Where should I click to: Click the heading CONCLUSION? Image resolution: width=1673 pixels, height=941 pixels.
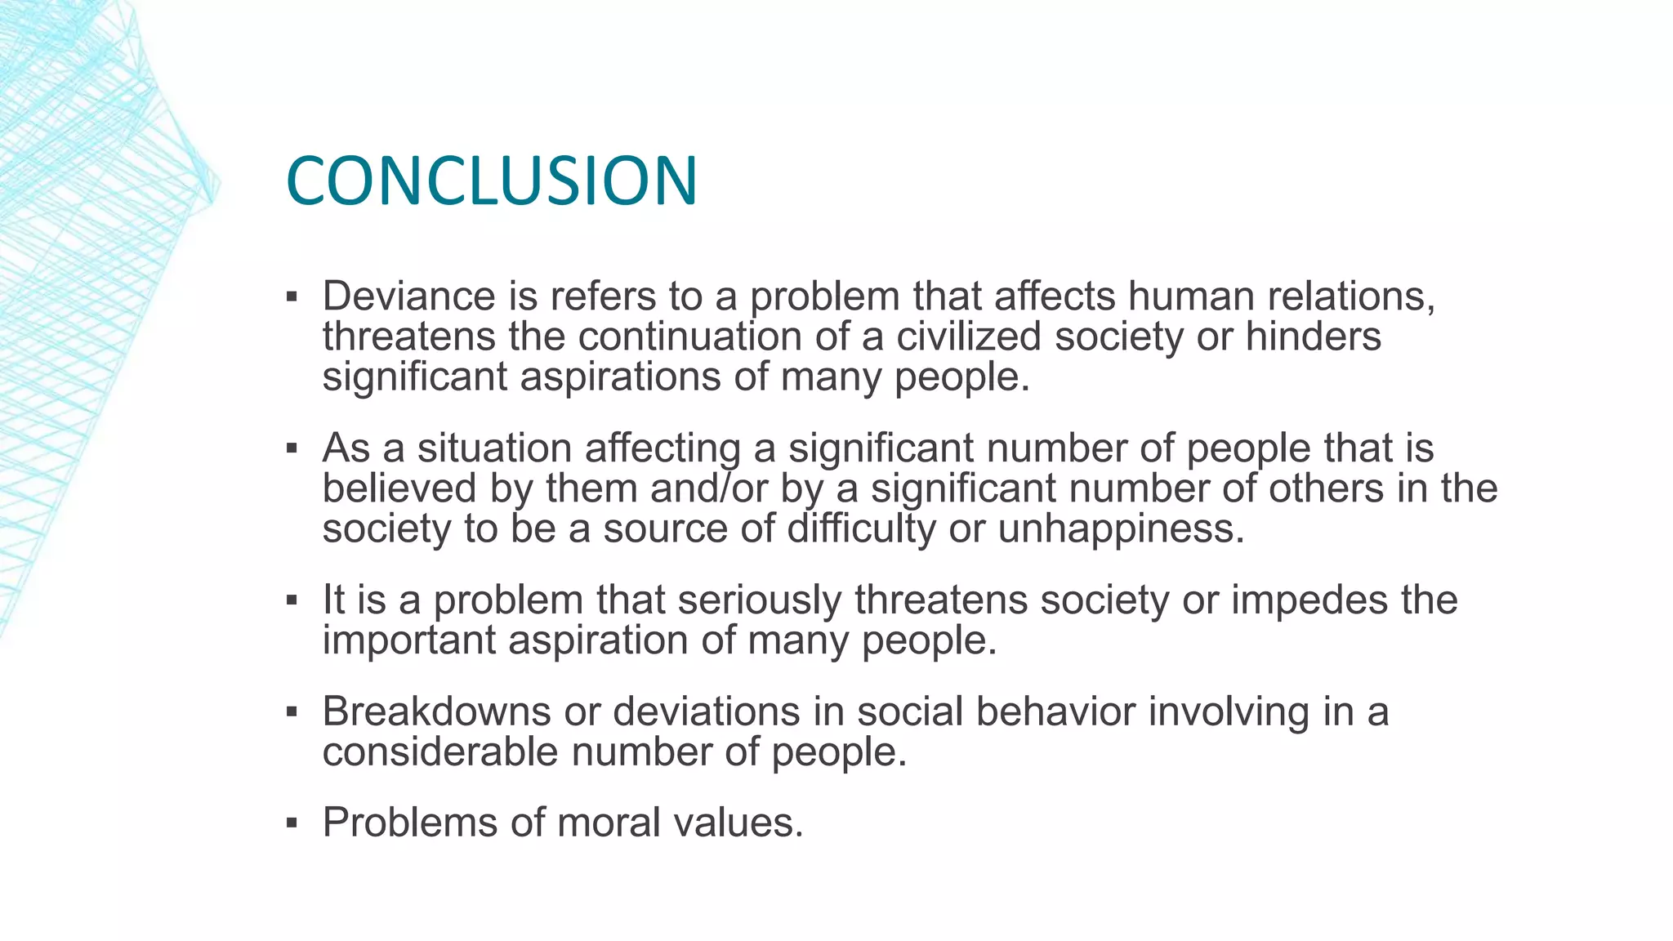pyautogui.click(x=492, y=181)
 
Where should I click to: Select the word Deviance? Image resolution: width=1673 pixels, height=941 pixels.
pyautogui.click(x=408, y=296)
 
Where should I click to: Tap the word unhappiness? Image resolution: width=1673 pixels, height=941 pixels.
pyautogui.click(x=1121, y=528)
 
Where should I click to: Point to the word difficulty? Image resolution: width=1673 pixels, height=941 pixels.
pyautogui.click(x=861, y=528)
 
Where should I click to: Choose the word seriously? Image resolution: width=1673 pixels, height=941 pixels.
pyautogui.click(x=759, y=600)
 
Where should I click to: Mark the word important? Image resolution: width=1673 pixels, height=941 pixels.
pyautogui.click(x=408, y=640)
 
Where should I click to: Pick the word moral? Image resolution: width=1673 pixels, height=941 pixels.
pyautogui.click(x=609, y=823)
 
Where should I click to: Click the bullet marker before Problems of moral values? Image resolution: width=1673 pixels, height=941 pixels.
pyautogui.click(x=292, y=823)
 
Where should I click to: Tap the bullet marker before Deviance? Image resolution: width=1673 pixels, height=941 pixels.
pyautogui.click(x=292, y=297)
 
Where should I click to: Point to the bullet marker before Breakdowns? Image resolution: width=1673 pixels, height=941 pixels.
pyautogui.click(x=292, y=711)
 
